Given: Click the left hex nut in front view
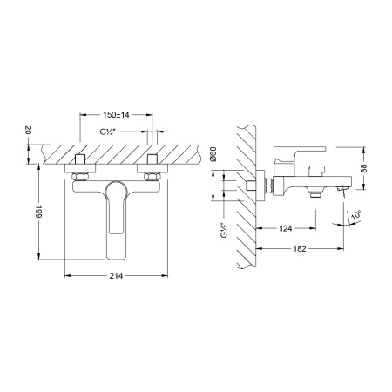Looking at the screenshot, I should [78, 177].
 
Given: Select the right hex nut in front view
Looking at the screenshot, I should [153, 177].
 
